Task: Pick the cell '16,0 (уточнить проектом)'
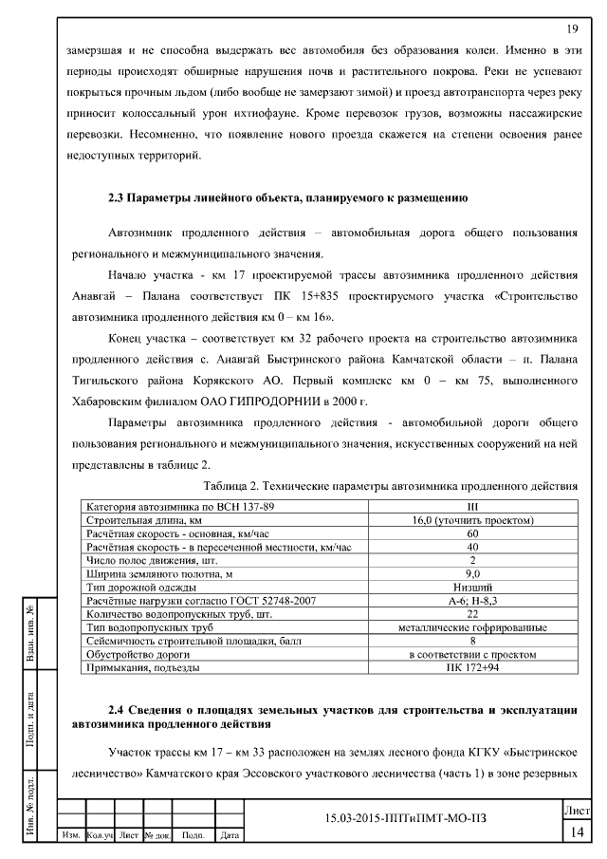[472, 521]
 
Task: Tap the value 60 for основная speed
[472, 534]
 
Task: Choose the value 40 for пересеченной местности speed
[472, 548]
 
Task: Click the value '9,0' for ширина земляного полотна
[472, 574]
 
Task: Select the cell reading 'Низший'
[472, 588]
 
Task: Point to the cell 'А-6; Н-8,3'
[472, 601]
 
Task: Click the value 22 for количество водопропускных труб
[472, 614]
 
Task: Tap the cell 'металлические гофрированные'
[472, 627]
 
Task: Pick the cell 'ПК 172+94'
[472, 667]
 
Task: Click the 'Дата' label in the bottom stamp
[228, 835]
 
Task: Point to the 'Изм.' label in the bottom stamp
[70, 835]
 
